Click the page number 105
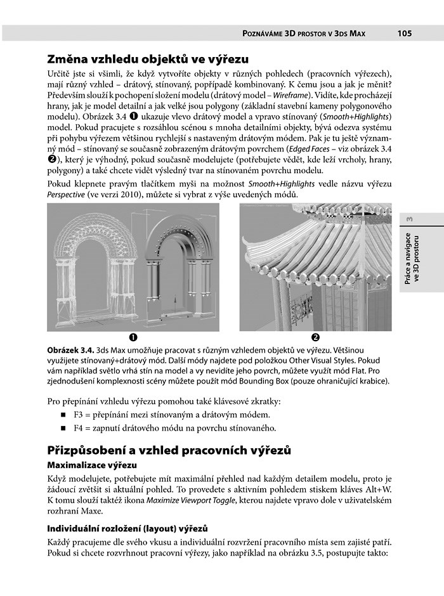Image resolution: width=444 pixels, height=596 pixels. (406, 34)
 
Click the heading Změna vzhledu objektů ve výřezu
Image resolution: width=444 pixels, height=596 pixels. (148, 60)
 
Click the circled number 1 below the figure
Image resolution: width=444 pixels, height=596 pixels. (133, 337)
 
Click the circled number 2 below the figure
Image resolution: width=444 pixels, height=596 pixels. (315, 337)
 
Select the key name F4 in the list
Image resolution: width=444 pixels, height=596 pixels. (79, 428)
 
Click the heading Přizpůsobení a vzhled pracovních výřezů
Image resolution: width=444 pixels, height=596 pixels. (169, 451)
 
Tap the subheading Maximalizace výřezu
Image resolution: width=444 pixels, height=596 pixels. (93, 466)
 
